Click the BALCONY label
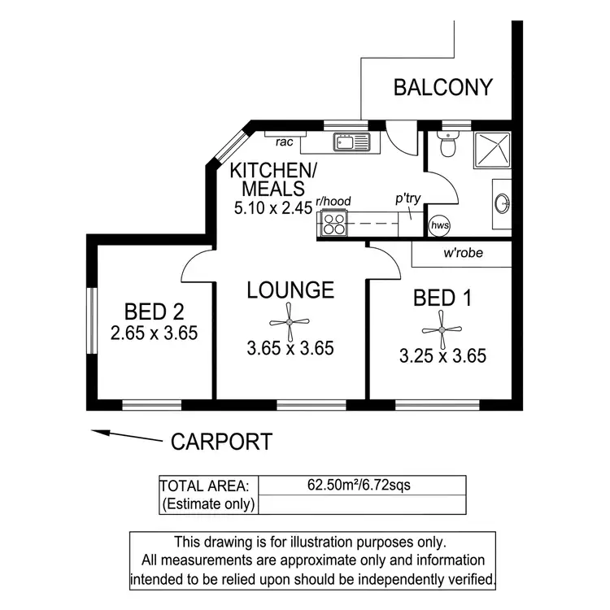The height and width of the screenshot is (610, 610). [443, 87]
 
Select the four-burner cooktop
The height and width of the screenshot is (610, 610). [334, 223]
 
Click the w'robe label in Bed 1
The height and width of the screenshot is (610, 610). [463, 253]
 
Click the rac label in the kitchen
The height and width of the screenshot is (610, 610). [284, 142]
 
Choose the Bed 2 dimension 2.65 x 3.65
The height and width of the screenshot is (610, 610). [155, 333]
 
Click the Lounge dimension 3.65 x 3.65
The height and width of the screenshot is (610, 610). [290, 349]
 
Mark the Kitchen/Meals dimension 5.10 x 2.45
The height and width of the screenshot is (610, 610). [272, 207]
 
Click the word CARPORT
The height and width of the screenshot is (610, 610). [221, 442]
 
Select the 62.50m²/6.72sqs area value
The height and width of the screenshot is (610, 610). [359, 486]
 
